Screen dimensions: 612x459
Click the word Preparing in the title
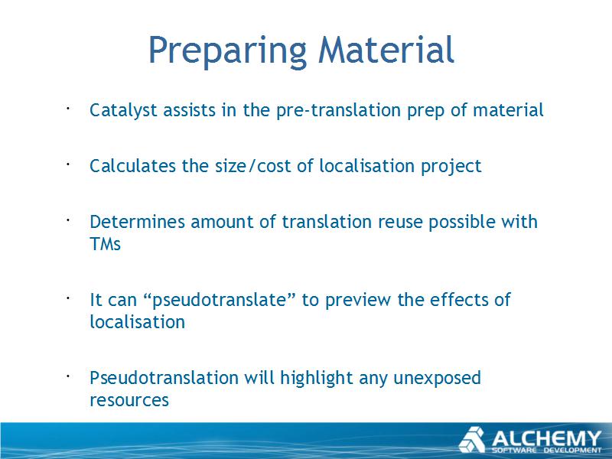[x=227, y=51]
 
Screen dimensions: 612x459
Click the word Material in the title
[x=386, y=49]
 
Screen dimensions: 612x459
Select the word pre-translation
[x=338, y=111]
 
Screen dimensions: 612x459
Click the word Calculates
[x=132, y=166]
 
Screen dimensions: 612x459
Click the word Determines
[x=137, y=222]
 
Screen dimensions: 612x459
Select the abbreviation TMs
[x=105, y=244]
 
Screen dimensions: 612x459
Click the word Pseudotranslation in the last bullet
[x=164, y=378]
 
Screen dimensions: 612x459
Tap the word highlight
[x=316, y=379]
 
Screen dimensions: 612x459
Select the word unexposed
[x=437, y=379]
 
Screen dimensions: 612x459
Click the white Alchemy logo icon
[x=472, y=440]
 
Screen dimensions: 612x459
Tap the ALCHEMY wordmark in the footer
[x=546, y=438]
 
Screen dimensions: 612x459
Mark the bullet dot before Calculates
[x=67, y=164]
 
